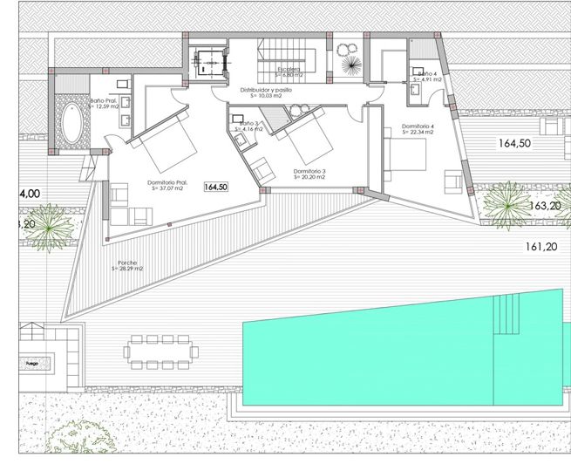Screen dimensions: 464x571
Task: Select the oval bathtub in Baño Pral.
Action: [x=71, y=129]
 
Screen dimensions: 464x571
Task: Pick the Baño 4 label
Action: [x=426, y=74]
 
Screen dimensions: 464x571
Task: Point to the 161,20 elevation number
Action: [x=541, y=247]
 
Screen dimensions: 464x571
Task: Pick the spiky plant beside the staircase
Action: [x=351, y=65]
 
